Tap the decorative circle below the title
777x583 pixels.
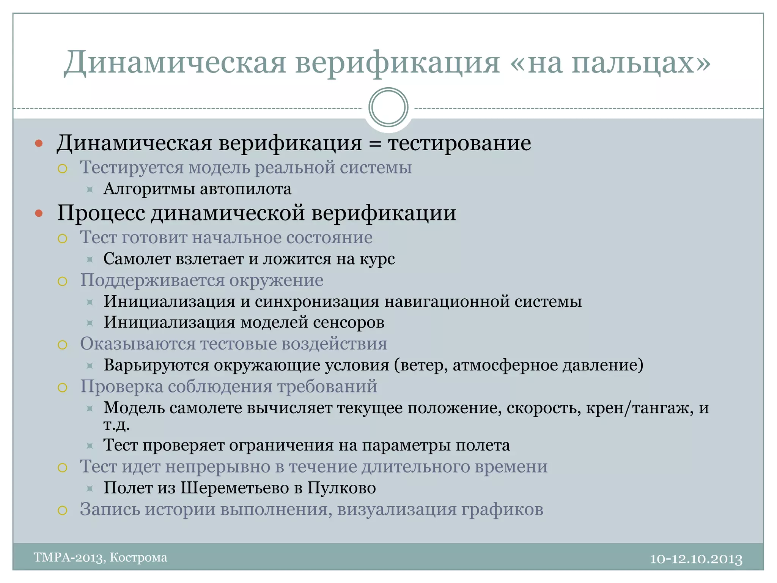pos(388,107)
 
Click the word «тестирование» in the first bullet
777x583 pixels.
pos(459,143)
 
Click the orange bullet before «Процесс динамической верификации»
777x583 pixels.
pos(39,213)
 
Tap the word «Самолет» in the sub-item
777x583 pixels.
pos(136,259)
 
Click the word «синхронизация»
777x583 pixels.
pos(317,302)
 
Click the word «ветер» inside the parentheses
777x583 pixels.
pos(421,365)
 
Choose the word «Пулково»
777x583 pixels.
pos(341,488)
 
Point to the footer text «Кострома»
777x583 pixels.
pos(138,558)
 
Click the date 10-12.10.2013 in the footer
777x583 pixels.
pos(696,559)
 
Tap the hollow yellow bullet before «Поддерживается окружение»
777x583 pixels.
pos(63,281)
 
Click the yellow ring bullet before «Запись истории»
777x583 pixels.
pos(63,511)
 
